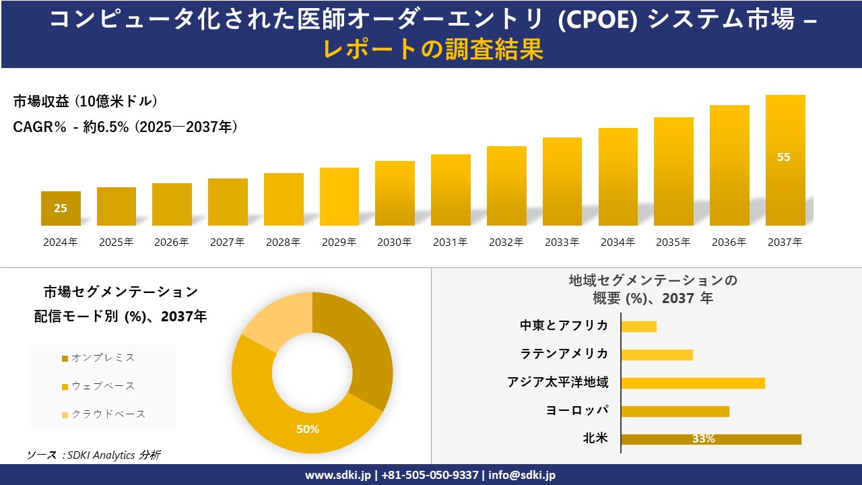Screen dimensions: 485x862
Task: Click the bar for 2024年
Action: (x=61, y=209)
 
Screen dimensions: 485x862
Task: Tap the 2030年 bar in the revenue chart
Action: (x=395, y=193)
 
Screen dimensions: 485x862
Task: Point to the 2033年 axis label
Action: (x=562, y=243)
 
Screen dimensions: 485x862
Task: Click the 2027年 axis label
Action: (x=227, y=243)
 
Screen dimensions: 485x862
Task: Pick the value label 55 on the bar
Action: (x=784, y=157)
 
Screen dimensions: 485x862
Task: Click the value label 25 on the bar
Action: (x=61, y=208)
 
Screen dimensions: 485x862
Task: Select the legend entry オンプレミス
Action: (x=102, y=358)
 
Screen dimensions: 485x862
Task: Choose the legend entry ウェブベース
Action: (x=102, y=386)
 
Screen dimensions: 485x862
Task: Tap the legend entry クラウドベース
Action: (x=108, y=414)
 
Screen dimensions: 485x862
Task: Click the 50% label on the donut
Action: (x=308, y=429)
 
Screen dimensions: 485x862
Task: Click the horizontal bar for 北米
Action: (x=711, y=439)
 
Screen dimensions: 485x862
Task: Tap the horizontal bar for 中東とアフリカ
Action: (x=638, y=327)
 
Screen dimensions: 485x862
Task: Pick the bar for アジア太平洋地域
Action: (x=693, y=383)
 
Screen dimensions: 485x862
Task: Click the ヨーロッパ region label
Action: (x=577, y=410)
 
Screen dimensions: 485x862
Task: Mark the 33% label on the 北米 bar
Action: (x=703, y=439)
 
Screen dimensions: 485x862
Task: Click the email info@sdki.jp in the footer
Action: (x=522, y=475)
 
